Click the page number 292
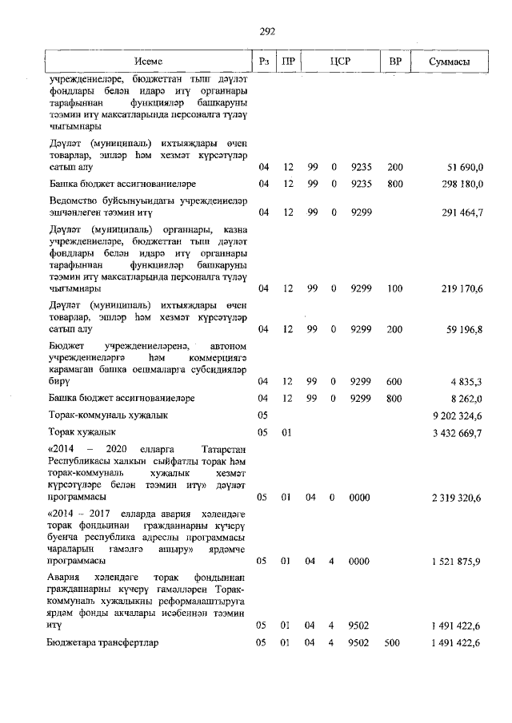[x=267, y=31]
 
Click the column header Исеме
[x=148, y=62]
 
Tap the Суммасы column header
[x=449, y=62]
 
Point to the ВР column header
[x=394, y=62]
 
